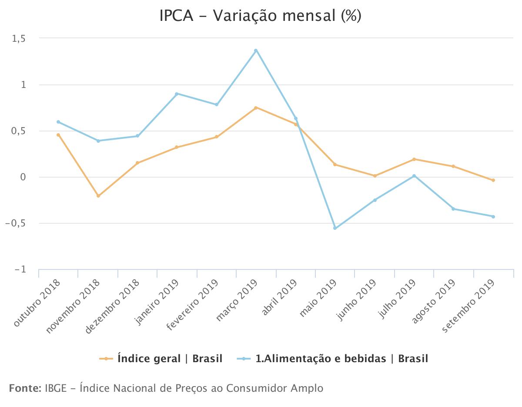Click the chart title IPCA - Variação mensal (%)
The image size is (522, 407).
pyautogui.click(x=261, y=16)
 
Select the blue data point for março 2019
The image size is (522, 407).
pyautogui.click(x=256, y=50)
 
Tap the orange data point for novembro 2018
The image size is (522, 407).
pyautogui.click(x=98, y=196)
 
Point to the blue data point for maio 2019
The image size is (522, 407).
pyautogui.click(x=335, y=228)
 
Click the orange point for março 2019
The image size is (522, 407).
pyautogui.click(x=256, y=108)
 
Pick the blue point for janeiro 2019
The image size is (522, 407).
pyautogui.click(x=177, y=94)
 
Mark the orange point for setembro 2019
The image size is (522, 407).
pyautogui.click(x=493, y=180)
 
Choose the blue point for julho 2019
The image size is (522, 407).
pyautogui.click(x=414, y=176)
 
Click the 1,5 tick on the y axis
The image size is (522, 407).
pyautogui.click(x=18, y=39)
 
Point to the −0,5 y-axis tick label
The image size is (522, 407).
pyautogui.click(x=15, y=223)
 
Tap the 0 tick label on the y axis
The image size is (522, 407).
pyautogui.click(x=23, y=177)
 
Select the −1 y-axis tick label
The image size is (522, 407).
pyautogui.click(x=20, y=269)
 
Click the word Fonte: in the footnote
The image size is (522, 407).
pyautogui.click(x=25, y=388)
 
